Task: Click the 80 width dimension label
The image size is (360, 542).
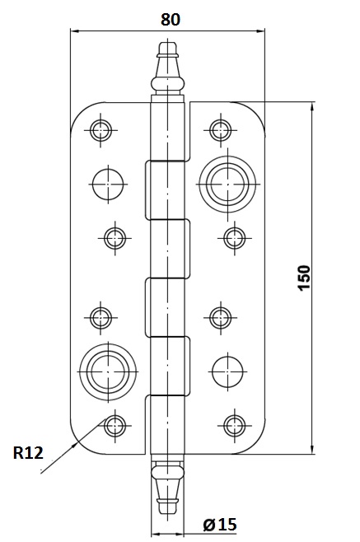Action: (171, 20)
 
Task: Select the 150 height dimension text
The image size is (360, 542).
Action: (304, 278)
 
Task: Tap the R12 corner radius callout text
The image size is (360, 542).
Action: (28, 453)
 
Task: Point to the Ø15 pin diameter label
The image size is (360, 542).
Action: (220, 525)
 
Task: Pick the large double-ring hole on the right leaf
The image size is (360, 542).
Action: (227, 184)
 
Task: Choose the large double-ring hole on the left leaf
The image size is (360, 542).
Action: (108, 372)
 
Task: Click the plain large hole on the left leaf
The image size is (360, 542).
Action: (108, 184)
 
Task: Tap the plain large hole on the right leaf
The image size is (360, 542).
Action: (227, 371)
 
